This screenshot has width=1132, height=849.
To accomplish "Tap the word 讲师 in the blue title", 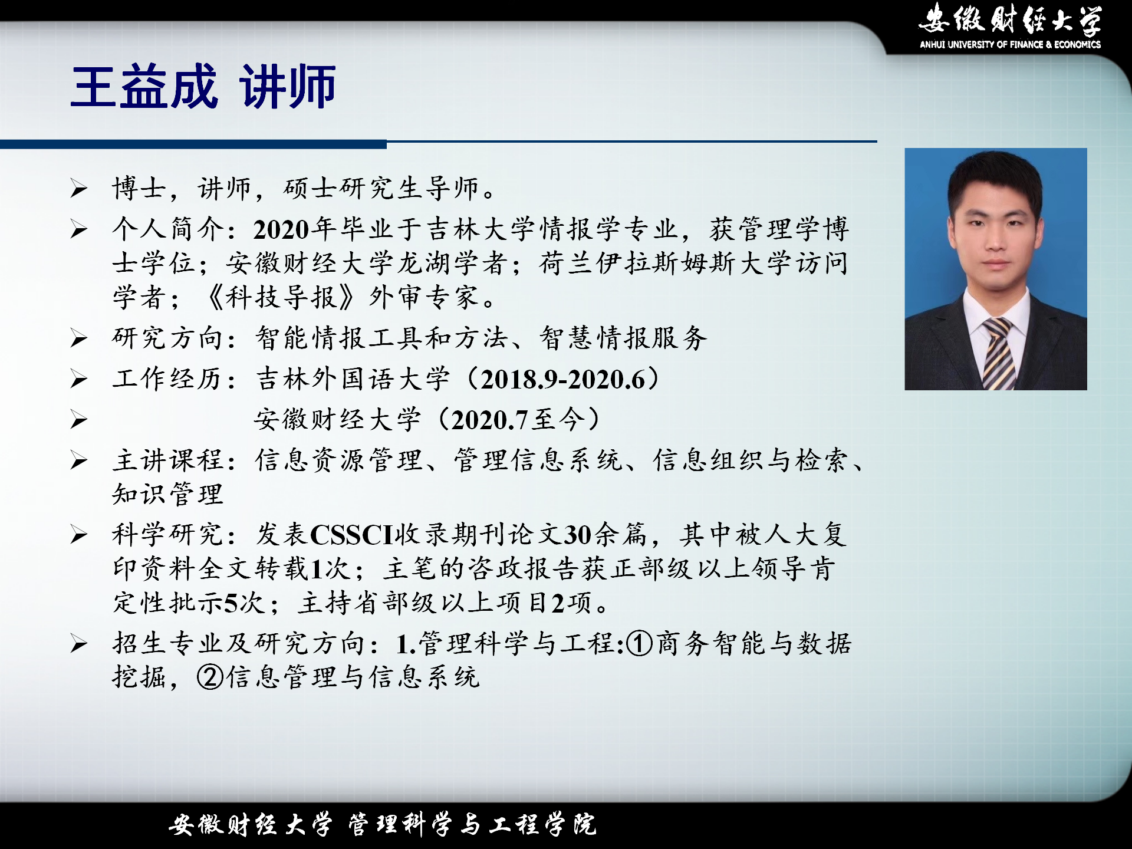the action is pos(288,87).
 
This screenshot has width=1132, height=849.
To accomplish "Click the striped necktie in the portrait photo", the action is pos(999,353).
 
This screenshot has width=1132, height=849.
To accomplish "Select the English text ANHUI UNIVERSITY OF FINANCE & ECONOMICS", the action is pos(1010,44).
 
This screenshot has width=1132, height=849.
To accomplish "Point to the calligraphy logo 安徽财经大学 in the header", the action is pos(1010,19).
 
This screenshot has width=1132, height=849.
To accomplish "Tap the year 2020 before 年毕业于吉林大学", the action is pos(281,229).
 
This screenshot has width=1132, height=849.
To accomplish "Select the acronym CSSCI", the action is pos(351,535).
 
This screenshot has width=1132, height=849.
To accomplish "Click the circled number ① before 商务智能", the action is pos(639,643).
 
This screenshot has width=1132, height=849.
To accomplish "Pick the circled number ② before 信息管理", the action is pos(210,677).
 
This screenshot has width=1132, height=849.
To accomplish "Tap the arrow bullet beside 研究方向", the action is pos(79,338).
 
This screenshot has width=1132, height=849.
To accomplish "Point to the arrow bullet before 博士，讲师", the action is pos(79,189).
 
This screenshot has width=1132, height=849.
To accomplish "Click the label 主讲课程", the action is pos(168,460).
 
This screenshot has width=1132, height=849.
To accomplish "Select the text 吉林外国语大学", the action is pos(353,379).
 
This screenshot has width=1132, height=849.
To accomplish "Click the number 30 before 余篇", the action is pos(578,535).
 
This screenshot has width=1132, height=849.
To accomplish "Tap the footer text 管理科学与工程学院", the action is pos(472,824).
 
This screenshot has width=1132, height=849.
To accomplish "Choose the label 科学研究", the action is pos(168,535).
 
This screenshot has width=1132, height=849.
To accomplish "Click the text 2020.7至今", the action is pos(518,420).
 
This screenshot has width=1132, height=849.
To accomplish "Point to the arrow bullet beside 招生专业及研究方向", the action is pos(79,644).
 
